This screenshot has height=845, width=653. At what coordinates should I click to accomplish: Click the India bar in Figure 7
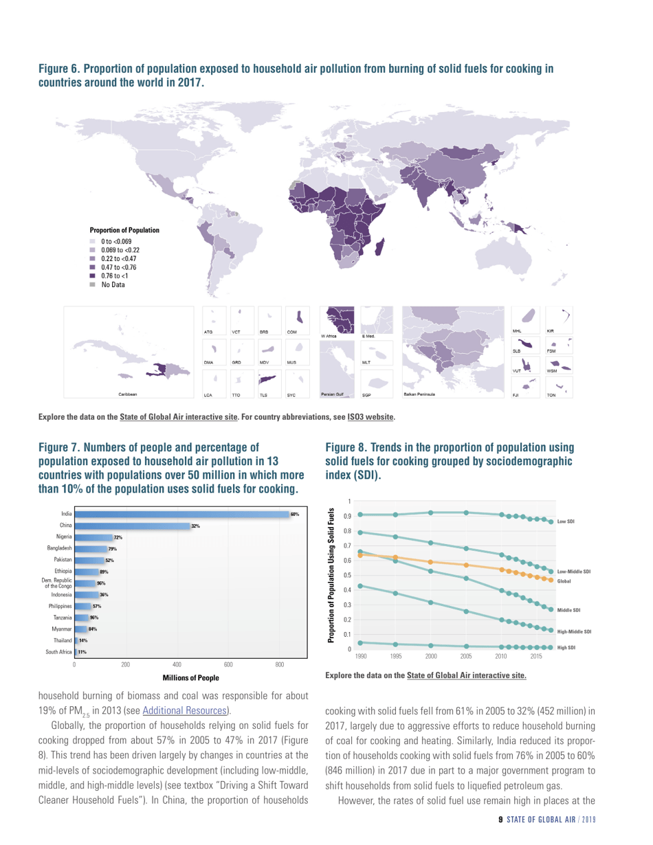point(186,514)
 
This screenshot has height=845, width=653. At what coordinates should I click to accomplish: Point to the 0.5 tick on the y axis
point(348,574)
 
